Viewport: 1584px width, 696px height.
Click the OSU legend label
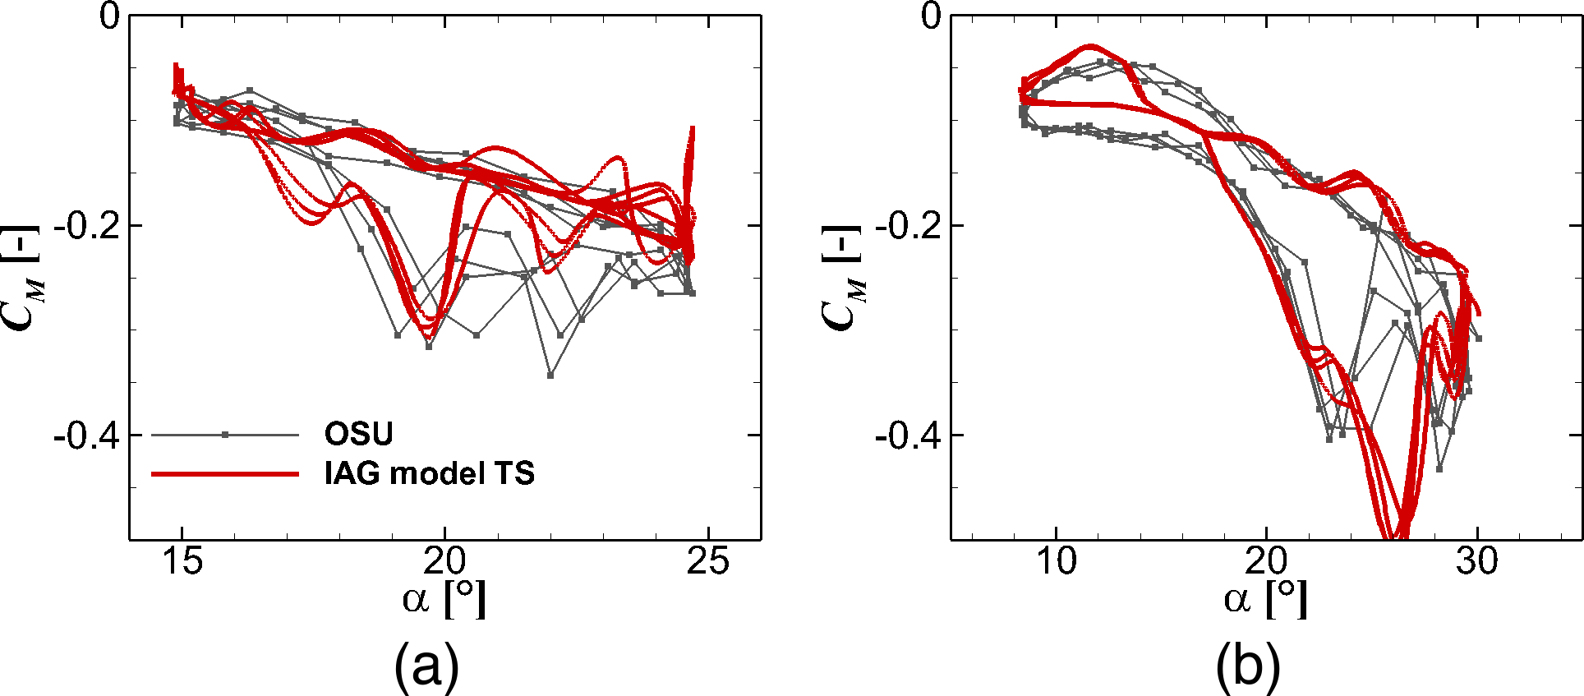[x=358, y=434]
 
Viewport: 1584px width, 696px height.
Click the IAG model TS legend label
[x=429, y=473]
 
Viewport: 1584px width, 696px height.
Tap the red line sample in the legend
[x=224, y=474]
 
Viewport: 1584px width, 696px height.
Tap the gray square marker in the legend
[x=224, y=435]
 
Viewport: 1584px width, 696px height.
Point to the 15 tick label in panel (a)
[x=182, y=562]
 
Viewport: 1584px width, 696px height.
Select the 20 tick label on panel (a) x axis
[x=444, y=562]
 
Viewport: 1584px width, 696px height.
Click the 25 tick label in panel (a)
[x=707, y=562]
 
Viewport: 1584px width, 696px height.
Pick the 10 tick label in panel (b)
[x=1056, y=562]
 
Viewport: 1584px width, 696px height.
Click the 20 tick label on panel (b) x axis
[x=1266, y=562]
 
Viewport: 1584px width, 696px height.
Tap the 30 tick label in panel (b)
[x=1477, y=562]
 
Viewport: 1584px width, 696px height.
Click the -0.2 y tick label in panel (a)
[x=85, y=225]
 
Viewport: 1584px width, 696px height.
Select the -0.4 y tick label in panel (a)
[x=85, y=435]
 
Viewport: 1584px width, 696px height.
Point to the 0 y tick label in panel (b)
[x=930, y=16]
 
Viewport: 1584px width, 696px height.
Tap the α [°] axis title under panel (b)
[x=1265, y=599]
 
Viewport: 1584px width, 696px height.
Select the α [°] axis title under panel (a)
[x=444, y=599]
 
